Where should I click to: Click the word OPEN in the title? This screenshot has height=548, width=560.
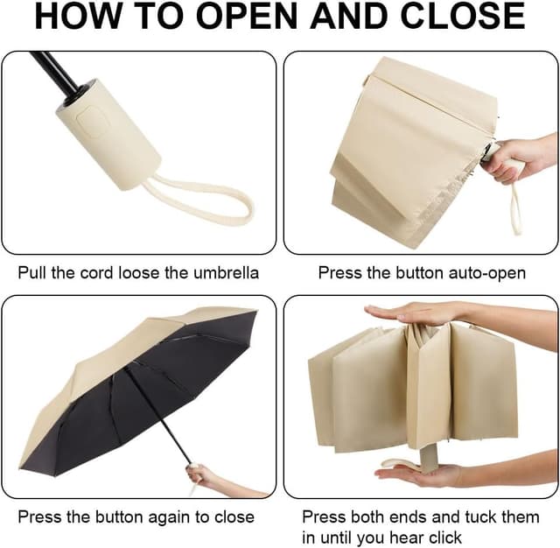(247, 17)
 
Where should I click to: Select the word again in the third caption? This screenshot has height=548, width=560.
(169, 518)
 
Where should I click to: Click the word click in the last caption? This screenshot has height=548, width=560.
(441, 537)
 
